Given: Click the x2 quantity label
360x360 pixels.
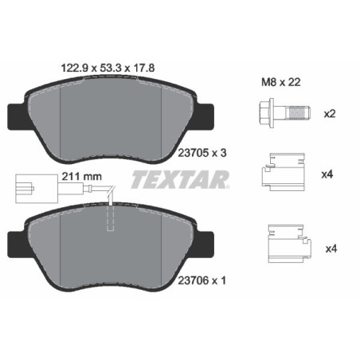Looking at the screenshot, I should (330, 115).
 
